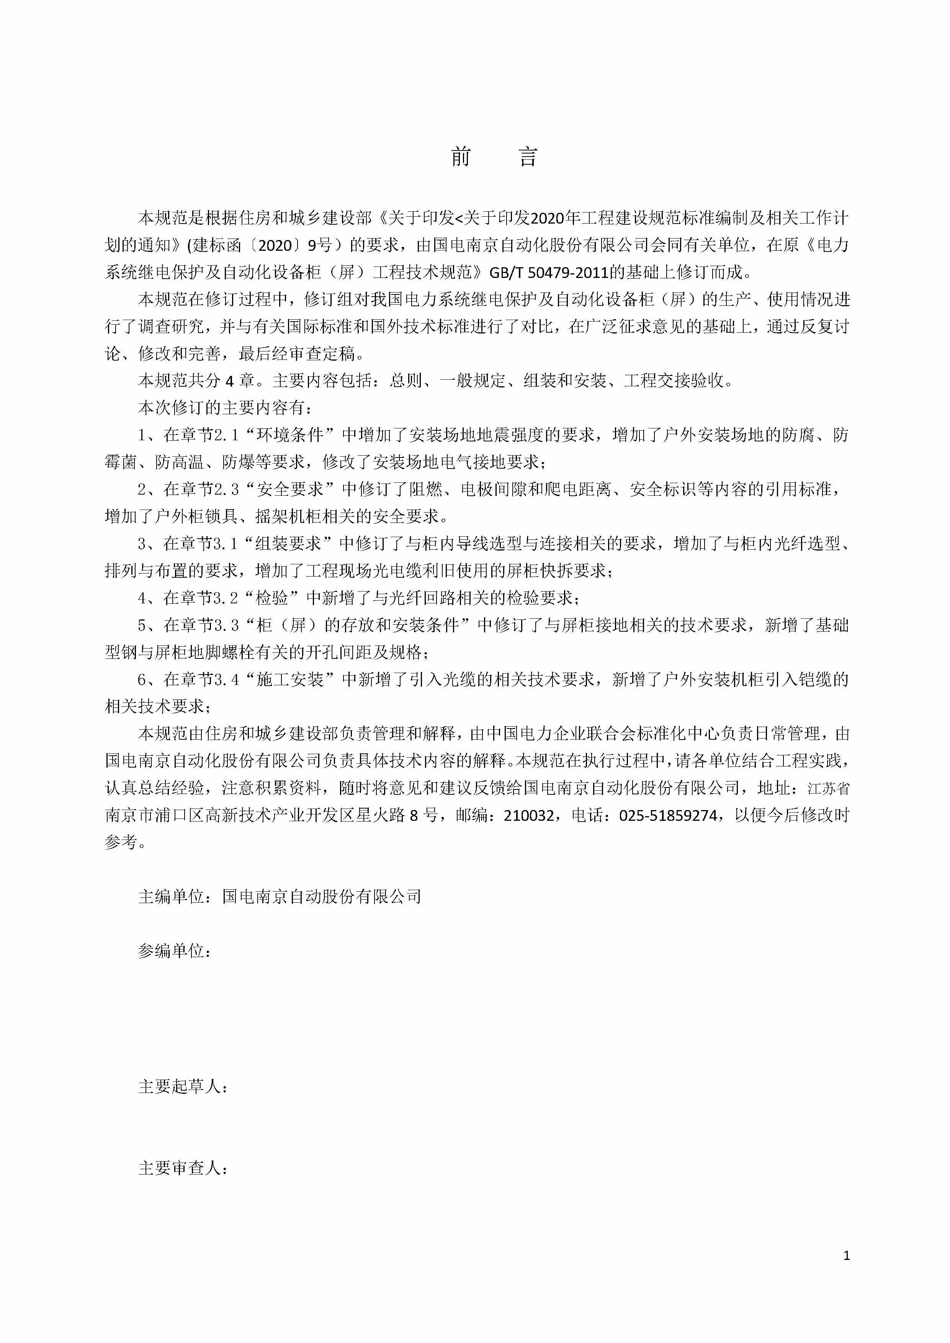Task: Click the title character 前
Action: [x=461, y=157]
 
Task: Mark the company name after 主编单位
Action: [x=322, y=897]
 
